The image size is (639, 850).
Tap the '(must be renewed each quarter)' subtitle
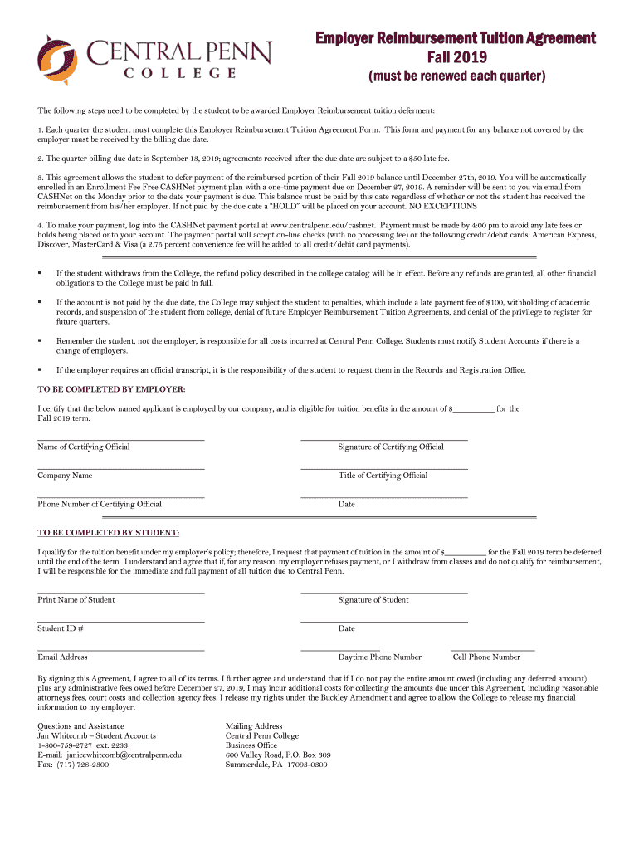tap(456, 77)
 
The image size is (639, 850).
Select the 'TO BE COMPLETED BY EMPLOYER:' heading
tap(111, 389)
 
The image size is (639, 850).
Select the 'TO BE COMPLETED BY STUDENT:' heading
tap(108, 533)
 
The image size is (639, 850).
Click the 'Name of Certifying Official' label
tap(84, 447)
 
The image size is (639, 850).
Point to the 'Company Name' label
tap(65, 476)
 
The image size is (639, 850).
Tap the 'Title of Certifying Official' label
tap(383, 476)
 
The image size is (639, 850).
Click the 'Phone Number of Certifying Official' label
tap(100, 504)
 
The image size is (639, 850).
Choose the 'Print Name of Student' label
tap(76, 599)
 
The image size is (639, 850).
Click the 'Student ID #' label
tap(60, 628)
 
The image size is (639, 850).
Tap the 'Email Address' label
tap(62, 657)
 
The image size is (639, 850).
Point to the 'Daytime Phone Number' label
tap(379, 657)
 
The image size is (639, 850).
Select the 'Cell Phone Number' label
tap(486, 657)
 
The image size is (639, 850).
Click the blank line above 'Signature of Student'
tap(383, 593)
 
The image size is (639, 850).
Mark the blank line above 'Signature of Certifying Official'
tap(383, 439)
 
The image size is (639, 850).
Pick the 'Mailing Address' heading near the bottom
tap(254, 725)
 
